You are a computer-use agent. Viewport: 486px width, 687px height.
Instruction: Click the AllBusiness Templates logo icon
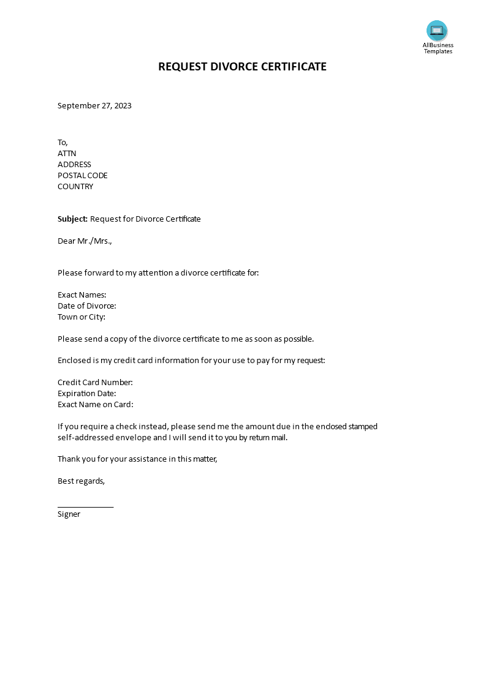pyautogui.click(x=437, y=31)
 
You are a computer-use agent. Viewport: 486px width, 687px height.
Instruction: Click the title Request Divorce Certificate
pyautogui.click(x=242, y=67)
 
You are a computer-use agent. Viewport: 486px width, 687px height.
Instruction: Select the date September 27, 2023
pyautogui.click(x=94, y=105)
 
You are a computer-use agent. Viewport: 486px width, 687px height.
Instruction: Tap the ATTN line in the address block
pyautogui.click(x=67, y=154)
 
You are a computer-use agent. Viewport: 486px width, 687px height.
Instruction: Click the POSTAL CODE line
pyautogui.click(x=83, y=176)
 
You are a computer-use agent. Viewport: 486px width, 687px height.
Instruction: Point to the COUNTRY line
pyautogui.click(x=75, y=187)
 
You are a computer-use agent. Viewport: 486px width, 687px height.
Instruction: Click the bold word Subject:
pyautogui.click(x=72, y=219)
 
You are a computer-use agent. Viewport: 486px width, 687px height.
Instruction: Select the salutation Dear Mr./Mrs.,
pyautogui.click(x=85, y=241)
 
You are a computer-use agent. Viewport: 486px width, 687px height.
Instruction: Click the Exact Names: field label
pyautogui.click(x=82, y=295)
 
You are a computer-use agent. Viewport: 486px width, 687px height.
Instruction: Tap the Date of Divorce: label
pyautogui.click(x=86, y=306)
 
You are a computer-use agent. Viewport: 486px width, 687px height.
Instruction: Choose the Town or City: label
pyautogui.click(x=82, y=317)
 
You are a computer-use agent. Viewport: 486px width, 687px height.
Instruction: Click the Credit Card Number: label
pyautogui.click(x=95, y=383)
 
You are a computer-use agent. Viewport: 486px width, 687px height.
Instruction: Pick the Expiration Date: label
pyautogui.click(x=86, y=394)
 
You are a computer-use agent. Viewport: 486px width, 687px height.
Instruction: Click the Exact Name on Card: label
pyautogui.click(x=95, y=405)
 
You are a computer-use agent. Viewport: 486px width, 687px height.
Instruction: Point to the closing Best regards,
pyautogui.click(x=81, y=481)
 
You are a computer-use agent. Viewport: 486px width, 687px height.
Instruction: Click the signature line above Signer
pyautogui.click(x=85, y=506)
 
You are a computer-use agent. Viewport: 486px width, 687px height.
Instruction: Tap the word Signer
pyautogui.click(x=69, y=514)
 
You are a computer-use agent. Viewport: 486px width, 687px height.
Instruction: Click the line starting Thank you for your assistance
pyautogui.click(x=137, y=459)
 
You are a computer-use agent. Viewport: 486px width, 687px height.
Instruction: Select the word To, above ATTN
pyautogui.click(x=63, y=143)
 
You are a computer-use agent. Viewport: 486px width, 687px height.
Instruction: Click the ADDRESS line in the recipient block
pyautogui.click(x=74, y=165)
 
